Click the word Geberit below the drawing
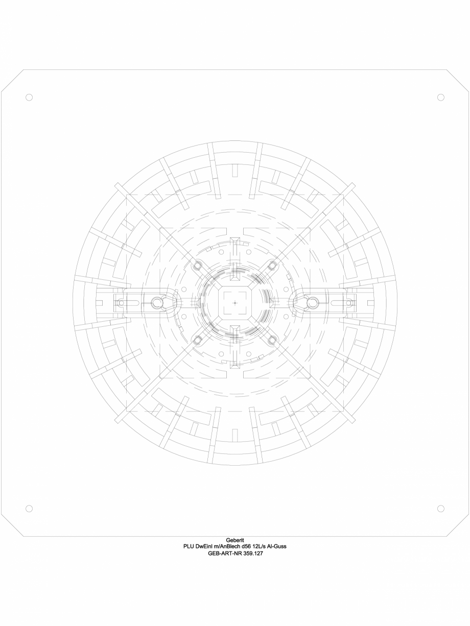coord(235,540)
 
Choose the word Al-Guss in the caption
coord(286,546)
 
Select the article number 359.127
coord(252,552)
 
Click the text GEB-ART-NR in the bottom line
coord(224,552)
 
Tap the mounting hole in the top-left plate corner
coord(29,97)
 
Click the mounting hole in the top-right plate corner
coord(441,97)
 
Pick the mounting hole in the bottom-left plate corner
coord(29,509)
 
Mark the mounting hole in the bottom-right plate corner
coord(441,509)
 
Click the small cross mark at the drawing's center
coord(235,303)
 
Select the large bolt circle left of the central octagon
coord(158,303)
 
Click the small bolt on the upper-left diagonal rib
coord(198,266)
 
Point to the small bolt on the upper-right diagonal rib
coord(272,266)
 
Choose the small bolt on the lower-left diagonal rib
coord(198,340)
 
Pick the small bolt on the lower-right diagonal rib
coord(272,340)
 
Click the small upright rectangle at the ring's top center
coord(235,171)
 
